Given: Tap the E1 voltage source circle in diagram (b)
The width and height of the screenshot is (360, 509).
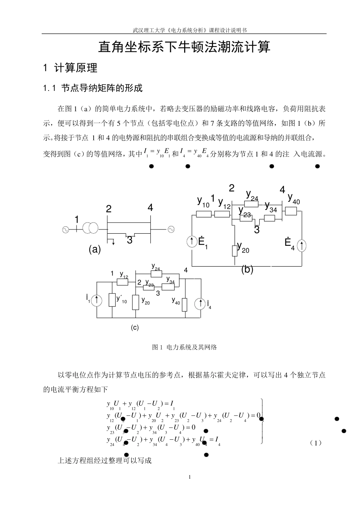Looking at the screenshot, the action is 193,242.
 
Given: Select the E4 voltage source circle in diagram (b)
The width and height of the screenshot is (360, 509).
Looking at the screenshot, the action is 302,245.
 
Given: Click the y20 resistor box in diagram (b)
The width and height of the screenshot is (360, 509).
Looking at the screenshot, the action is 235,251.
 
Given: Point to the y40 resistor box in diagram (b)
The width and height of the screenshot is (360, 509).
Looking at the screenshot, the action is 291,211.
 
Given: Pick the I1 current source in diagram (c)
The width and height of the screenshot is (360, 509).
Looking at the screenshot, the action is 97,300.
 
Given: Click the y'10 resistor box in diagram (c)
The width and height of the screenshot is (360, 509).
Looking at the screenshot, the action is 112,300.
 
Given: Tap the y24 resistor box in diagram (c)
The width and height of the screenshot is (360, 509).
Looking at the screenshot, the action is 157,274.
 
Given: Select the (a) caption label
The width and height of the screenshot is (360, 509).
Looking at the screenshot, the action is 95,249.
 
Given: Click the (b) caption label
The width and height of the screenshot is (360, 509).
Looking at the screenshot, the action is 247,269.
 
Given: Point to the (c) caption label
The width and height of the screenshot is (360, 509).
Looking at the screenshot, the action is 135,328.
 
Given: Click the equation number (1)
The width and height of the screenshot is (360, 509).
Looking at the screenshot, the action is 315,443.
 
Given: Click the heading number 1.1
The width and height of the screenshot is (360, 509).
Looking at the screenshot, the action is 50,89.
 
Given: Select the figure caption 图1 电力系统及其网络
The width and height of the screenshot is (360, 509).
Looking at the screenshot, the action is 184,347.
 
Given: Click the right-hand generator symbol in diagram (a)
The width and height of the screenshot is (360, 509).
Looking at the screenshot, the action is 171,229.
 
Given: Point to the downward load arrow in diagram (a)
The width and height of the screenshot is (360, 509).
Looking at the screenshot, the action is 113,242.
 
